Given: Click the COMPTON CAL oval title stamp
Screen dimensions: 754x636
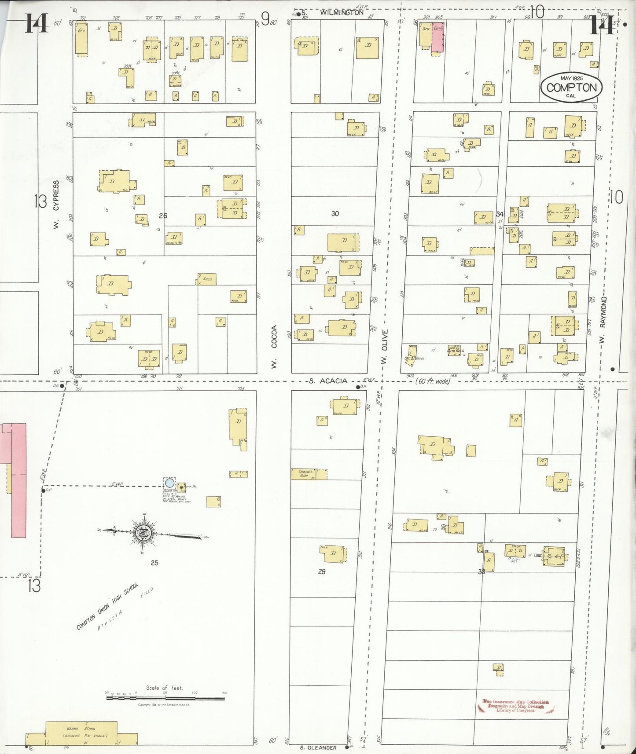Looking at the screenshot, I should pyautogui.click(x=571, y=88).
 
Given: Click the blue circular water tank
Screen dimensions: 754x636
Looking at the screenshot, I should pyautogui.click(x=169, y=483).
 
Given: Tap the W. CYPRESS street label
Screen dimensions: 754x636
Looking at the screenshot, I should pyautogui.click(x=56, y=204).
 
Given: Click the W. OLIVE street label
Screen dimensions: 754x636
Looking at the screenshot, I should pyautogui.click(x=384, y=346).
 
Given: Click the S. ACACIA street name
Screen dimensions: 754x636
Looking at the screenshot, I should pyautogui.click(x=328, y=381).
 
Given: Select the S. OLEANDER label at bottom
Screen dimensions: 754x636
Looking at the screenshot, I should pyautogui.click(x=318, y=747).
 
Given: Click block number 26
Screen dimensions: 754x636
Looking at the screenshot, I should pyautogui.click(x=163, y=216).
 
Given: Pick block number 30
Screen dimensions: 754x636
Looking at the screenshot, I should pyautogui.click(x=335, y=214).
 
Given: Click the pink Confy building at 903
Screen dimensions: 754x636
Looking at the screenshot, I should pyautogui.click(x=438, y=37).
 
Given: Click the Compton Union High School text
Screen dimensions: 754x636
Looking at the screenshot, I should pyautogui.click(x=107, y=606).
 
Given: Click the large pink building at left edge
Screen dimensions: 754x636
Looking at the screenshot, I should pyautogui.click(x=18, y=479).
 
